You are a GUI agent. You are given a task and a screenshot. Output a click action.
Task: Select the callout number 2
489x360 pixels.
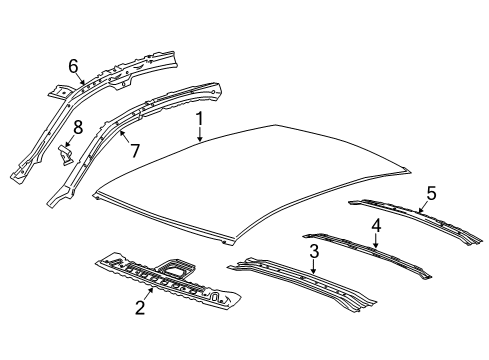click(x=140, y=309)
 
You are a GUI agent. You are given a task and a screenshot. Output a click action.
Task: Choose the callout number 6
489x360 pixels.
click(x=73, y=65)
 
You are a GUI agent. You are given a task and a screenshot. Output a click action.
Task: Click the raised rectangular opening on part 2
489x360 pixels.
click(x=179, y=269)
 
